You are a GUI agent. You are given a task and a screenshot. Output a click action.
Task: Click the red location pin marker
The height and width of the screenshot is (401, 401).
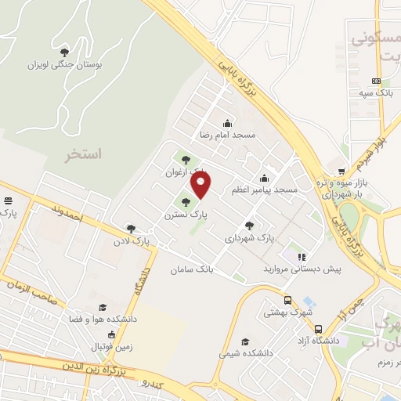coord(202,186)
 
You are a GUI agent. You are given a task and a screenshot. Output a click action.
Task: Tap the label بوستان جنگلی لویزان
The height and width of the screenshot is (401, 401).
coord(61,65)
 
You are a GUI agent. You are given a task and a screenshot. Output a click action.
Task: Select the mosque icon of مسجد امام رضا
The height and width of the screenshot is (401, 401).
coord(227,123)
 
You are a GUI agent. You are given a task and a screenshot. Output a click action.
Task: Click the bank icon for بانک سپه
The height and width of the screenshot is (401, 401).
coord(377,81)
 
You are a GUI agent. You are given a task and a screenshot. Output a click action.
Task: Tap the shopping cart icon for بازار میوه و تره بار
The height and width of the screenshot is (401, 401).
coord(341,172)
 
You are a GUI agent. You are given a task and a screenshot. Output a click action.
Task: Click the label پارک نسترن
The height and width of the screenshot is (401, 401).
coord(185,214)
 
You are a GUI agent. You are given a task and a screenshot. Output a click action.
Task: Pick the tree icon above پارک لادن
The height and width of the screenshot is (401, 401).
coord(131,229)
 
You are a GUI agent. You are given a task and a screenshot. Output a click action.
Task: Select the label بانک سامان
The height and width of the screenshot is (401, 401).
coord(191,269)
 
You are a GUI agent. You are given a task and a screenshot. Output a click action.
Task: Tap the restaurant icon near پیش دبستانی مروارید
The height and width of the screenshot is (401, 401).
coord(302,256)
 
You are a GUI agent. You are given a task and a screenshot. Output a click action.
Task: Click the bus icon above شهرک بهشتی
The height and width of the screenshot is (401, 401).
coord(288,300)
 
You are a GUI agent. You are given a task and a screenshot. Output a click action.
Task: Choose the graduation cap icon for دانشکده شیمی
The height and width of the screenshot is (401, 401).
coord(245,341)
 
